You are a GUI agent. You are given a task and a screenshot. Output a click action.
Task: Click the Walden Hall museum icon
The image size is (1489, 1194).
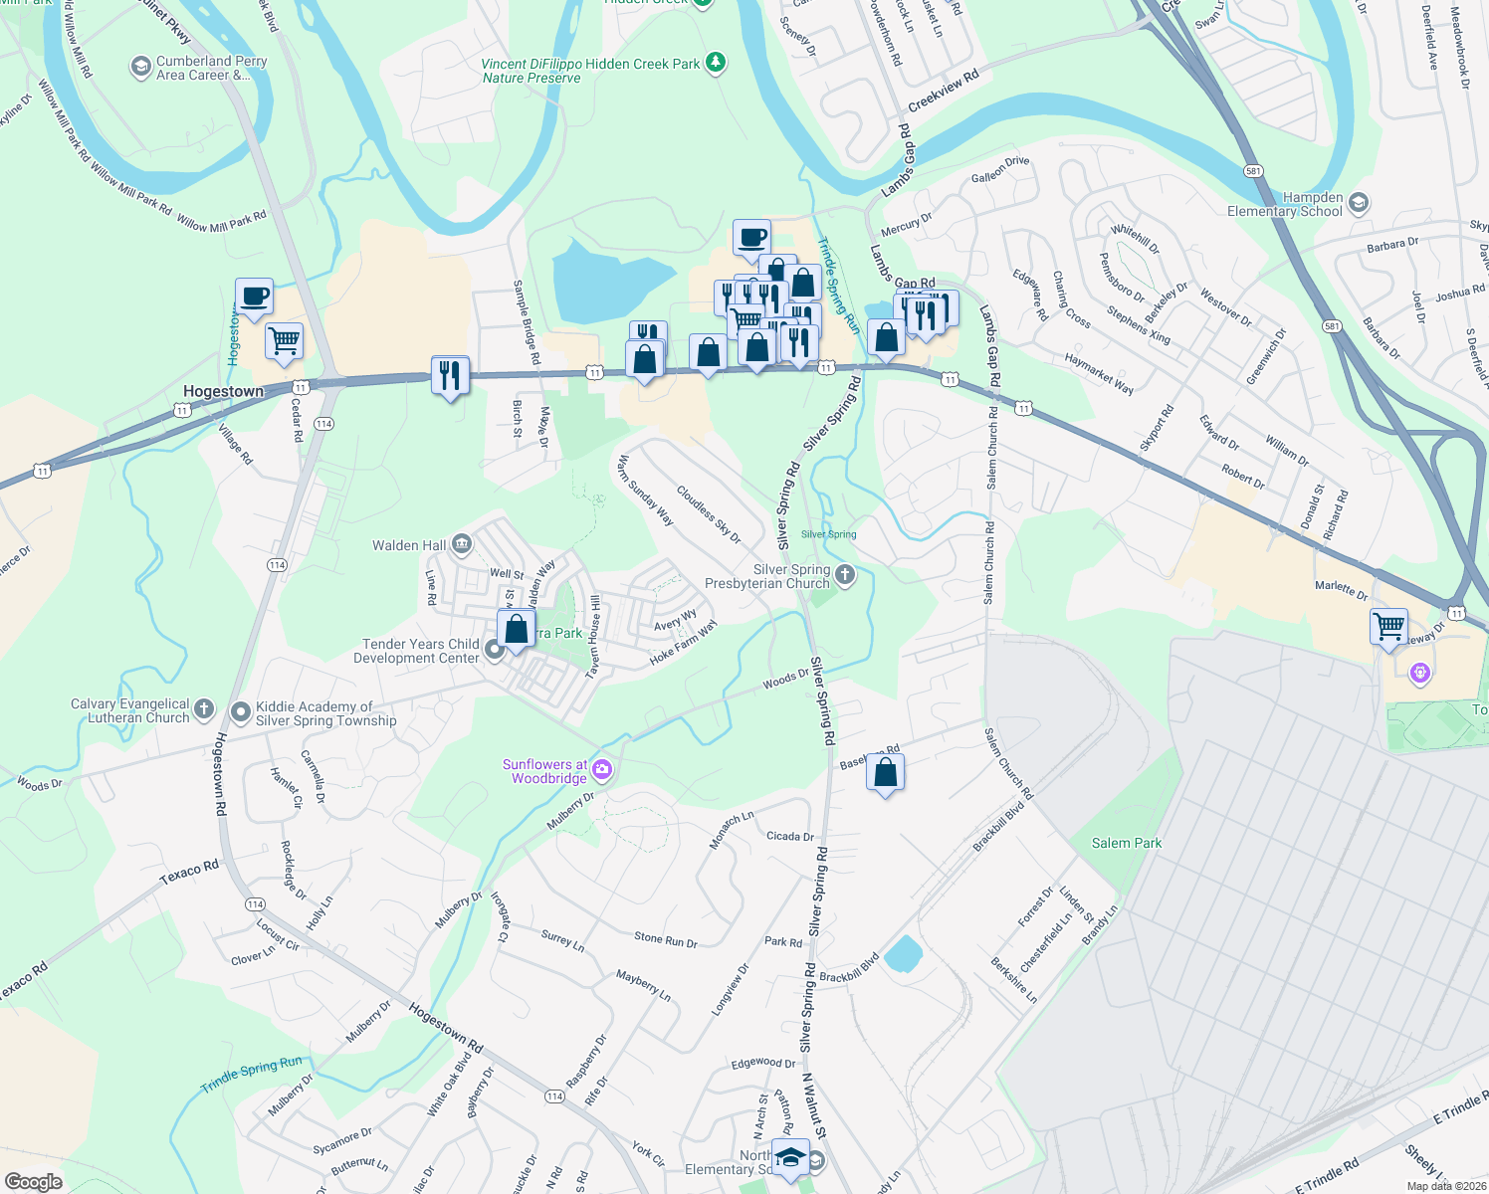click(x=461, y=544)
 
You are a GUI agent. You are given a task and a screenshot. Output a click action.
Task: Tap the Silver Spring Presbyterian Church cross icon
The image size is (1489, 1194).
click(x=845, y=574)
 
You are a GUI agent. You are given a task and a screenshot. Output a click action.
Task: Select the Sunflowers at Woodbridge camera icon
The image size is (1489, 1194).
click(x=602, y=769)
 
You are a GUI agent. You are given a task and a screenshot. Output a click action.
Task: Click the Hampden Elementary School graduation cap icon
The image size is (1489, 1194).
click(x=1359, y=203)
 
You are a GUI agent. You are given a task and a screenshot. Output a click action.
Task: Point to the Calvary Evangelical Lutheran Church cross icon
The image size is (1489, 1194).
click(x=204, y=709)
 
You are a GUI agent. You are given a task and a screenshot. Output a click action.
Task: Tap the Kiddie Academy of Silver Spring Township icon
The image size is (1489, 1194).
click(x=240, y=712)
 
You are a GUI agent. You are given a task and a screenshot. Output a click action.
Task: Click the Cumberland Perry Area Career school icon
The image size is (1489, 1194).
click(x=141, y=68)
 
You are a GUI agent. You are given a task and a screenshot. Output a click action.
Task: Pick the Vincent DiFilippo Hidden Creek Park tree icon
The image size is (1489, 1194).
click(x=715, y=64)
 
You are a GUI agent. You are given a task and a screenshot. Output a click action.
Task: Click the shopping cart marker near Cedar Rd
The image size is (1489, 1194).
click(x=285, y=340)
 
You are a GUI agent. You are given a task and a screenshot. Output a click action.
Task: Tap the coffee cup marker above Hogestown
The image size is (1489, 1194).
click(x=255, y=297)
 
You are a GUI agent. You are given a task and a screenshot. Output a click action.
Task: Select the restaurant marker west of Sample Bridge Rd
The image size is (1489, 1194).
click(x=451, y=375)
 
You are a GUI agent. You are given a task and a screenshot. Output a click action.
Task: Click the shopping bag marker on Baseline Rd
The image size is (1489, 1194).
click(x=885, y=773)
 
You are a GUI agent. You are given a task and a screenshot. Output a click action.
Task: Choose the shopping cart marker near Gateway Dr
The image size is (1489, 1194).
click(x=1388, y=627)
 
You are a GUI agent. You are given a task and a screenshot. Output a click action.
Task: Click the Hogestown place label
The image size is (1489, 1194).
click(x=223, y=391)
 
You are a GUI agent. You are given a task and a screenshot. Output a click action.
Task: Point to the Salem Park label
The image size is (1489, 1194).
click(x=1126, y=843)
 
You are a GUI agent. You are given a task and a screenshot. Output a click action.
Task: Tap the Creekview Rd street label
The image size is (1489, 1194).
click(x=944, y=91)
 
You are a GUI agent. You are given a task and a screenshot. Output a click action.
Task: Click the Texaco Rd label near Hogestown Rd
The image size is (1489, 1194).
click(x=189, y=873)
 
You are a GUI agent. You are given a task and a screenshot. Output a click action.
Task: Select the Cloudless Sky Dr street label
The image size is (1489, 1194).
click(x=709, y=514)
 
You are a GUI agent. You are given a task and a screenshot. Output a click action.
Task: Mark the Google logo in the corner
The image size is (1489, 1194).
click(x=34, y=1181)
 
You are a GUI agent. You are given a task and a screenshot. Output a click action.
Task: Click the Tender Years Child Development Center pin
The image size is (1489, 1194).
click(x=495, y=652)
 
